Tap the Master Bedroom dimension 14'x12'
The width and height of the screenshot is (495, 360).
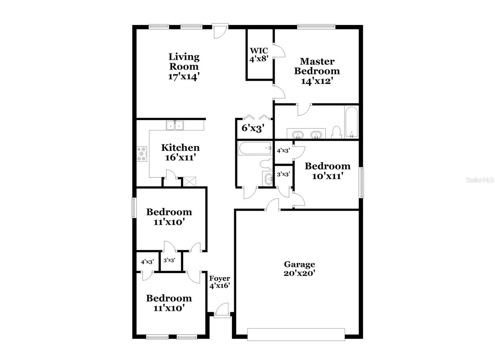(317, 81)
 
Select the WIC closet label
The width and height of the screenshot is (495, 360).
(259, 50)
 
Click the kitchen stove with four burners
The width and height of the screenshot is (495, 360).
(142, 154)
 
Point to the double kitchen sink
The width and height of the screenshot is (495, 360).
(175, 125)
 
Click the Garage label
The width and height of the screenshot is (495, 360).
(299, 264)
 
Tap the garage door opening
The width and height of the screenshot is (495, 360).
(296, 334)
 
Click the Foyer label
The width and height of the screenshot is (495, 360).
(220, 278)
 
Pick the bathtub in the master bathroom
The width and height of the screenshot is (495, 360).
(351, 122)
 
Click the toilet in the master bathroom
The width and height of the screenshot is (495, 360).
(336, 132)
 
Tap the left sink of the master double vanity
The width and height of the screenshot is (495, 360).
(298, 135)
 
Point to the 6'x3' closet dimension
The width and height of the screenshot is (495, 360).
(253, 128)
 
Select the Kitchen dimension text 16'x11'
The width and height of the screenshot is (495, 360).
(180, 157)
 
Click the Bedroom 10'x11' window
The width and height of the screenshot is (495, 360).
(361, 182)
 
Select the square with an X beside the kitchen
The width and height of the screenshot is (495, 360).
(189, 181)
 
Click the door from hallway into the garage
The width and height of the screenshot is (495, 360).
(273, 206)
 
